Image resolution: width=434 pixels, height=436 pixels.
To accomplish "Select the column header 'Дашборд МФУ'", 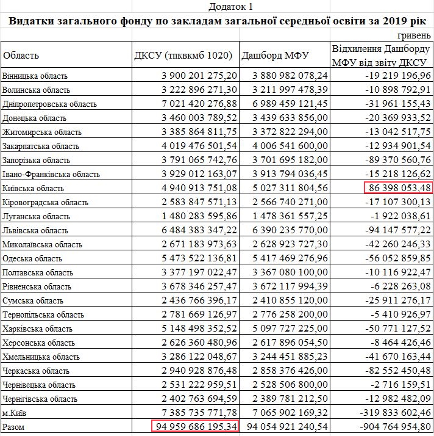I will coord(276,56).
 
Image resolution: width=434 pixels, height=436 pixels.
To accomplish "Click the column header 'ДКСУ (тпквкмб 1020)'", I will coord(183,56).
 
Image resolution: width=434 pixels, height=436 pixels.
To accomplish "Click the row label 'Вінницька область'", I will coord(35,76).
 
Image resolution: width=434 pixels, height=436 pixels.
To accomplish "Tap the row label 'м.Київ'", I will coord(16,413).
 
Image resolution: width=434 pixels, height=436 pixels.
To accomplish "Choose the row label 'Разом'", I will coord(15,427).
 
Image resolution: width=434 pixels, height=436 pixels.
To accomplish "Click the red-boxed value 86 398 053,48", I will coord(398,188).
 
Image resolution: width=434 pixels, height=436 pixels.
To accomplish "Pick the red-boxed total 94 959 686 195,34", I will coord(194,426).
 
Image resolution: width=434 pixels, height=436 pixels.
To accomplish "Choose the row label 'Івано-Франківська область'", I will coord(51,174).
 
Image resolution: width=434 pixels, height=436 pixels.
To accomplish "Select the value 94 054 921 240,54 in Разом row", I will coord(285,427).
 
